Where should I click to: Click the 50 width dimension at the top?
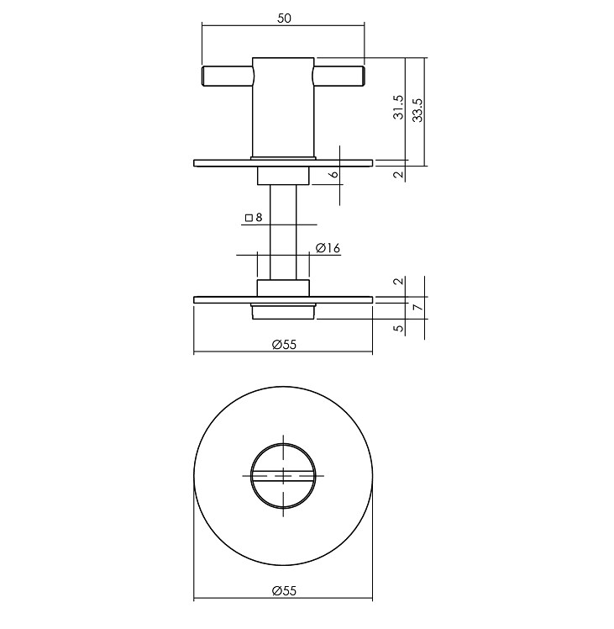click(x=283, y=18)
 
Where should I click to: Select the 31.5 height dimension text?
click(x=399, y=108)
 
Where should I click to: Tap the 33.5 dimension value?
click(x=417, y=108)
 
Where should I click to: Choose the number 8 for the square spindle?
click(x=259, y=218)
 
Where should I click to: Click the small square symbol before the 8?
click(x=249, y=218)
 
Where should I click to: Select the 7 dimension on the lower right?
click(x=417, y=308)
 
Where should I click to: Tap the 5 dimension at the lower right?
click(x=399, y=328)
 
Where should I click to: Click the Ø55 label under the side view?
click(x=284, y=343)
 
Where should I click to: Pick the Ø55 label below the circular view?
click(x=284, y=591)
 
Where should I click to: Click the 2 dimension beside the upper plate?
click(x=399, y=174)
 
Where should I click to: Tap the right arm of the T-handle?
click(x=339, y=76)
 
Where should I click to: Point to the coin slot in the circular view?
click(x=284, y=475)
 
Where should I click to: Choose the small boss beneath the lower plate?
click(x=283, y=313)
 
